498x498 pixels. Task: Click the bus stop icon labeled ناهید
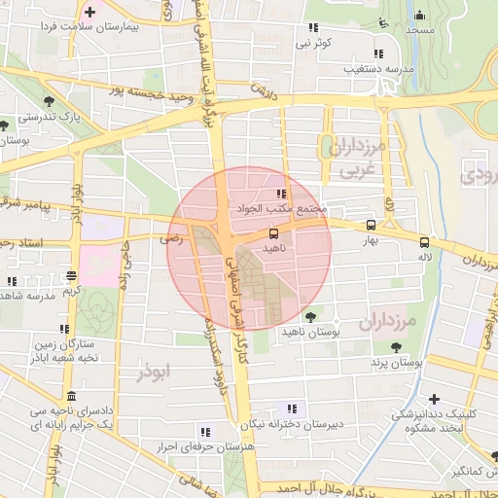pos(273,233)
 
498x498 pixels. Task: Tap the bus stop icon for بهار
pos(369,225)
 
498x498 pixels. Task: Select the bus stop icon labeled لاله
pos(423,242)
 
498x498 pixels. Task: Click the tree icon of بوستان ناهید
pos(310,317)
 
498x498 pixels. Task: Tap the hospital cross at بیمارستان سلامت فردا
pos(90,13)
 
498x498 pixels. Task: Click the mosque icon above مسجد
pos(419,15)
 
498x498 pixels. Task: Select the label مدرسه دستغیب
pos(379,69)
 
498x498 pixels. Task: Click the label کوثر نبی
pos(315,44)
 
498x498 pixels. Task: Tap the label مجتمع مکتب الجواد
pos(281,209)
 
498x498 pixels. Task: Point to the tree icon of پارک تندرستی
pos(49,100)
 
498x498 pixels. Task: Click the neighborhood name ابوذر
pos(154,373)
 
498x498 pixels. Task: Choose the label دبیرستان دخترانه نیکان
pos(293,425)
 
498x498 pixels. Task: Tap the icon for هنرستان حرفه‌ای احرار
pos(204,430)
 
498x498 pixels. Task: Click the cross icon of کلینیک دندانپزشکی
pos(434,399)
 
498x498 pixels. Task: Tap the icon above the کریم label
pos(71,275)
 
